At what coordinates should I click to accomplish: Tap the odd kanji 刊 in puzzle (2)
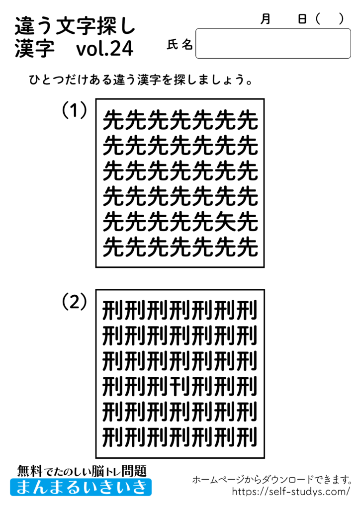click(x=180, y=384)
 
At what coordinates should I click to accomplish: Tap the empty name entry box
click(x=273, y=44)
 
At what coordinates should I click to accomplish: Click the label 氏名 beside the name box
click(x=180, y=45)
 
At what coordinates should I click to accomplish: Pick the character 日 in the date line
click(x=302, y=19)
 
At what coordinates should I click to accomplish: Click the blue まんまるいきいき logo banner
click(x=81, y=487)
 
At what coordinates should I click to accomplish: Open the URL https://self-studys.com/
click(x=291, y=492)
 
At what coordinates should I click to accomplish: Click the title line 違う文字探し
click(x=75, y=25)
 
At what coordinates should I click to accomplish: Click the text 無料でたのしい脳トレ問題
click(x=82, y=470)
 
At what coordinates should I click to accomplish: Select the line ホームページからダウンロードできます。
click(x=272, y=480)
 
